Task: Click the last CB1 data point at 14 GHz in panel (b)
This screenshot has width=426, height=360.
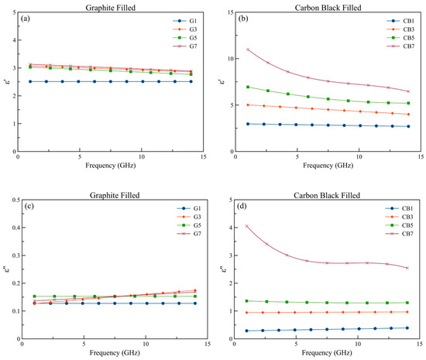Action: [407, 126]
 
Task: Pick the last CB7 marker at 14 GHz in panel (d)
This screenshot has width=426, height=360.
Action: [407, 268]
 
